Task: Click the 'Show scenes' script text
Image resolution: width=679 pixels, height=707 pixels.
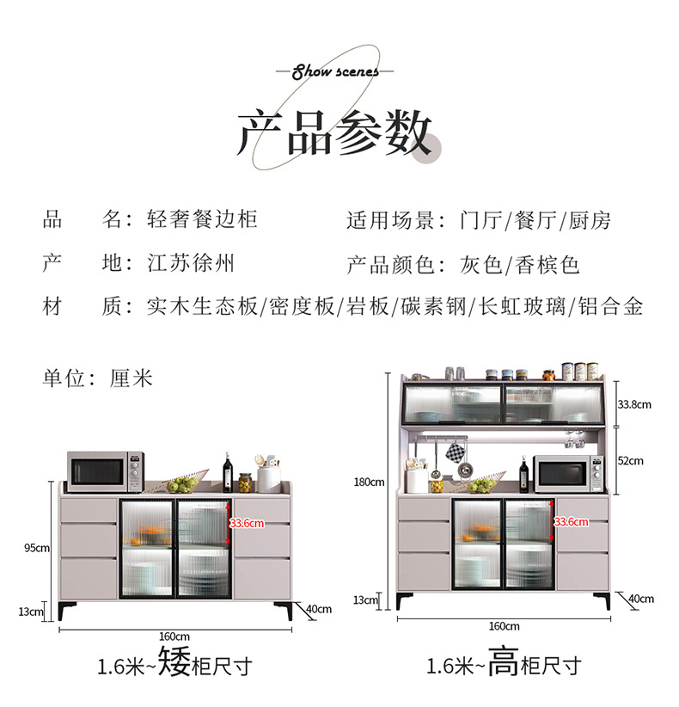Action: pyautogui.click(x=335, y=71)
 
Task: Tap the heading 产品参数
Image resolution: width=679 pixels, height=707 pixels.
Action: pyautogui.click(x=334, y=133)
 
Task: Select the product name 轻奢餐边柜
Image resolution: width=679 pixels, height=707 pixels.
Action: pyautogui.click(x=202, y=219)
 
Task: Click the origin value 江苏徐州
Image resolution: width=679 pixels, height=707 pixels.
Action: pyautogui.click(x=191, y=263)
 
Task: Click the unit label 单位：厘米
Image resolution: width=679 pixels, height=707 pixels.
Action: pyautogui.click(x=97, y=378)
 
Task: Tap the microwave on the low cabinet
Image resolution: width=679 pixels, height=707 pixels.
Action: pyautogui.click(x=104, y=471)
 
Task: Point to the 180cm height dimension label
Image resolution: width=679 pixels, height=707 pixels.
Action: pyautogui.click(x=370, y=482)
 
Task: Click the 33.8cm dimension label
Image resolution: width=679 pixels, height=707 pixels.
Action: pyautogui.click(x=634, y=403)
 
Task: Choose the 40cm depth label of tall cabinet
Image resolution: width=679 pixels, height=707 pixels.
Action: pyautogui.click(x=640, y=599)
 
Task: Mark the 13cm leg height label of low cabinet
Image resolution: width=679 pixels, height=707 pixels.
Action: pyautogui.click(x=31, y=612)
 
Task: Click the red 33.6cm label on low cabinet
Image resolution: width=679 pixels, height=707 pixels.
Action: pyautogui.click(x=247, y=522)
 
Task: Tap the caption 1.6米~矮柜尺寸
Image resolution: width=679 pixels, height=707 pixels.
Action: pyautogui.click(x=174, y=665)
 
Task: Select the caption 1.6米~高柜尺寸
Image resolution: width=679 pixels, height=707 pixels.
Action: pyautogui.click(x=504, y=665)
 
